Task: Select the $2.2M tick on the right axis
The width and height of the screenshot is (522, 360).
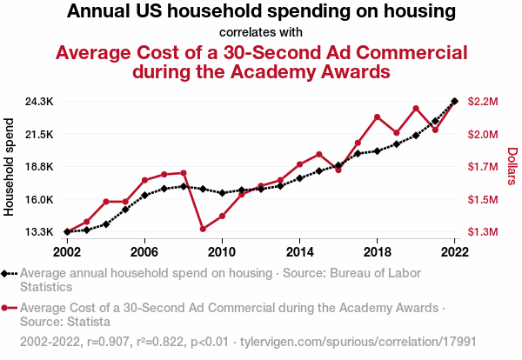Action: click(x=483, y=102)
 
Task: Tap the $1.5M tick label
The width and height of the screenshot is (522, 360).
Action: click(x=483, y=200)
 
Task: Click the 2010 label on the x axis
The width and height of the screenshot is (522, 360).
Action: click(x=222, y=251)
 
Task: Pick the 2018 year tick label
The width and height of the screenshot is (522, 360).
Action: click(x=377, y=251)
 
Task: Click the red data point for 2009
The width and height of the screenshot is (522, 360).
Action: click(x=203, y=229)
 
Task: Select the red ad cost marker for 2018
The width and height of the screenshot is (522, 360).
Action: click(x=377, y=117)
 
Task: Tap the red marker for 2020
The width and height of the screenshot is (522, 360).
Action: click(x=416, y=108)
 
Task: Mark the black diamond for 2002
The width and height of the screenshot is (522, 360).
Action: click(x=67, y=232)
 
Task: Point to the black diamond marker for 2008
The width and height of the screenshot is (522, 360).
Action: click(x=184, y=186)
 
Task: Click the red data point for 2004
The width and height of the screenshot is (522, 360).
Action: click(x=106, y=202)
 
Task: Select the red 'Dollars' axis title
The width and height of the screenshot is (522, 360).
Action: click(x=512, y=166)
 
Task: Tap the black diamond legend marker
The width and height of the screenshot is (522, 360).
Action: click(x=8, y=273)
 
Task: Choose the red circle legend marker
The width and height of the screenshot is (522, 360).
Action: click(x=8, y=308)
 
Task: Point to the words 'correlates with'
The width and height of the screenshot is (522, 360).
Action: click(x=260, y=32)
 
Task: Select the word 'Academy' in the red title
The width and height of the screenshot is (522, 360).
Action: click(x=271, y=71)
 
